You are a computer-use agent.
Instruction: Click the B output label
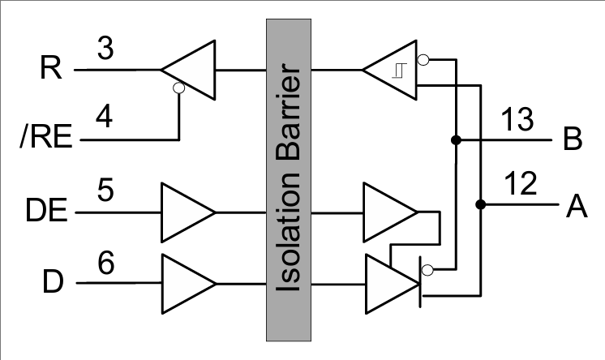click(x=573, y=139)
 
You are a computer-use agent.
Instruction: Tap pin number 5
click(x=105, y=192)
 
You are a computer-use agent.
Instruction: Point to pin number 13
click(x=515, y=121)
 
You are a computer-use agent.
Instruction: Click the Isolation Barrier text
click(x=291, y=179)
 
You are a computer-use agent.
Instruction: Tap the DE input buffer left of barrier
click(x=186, y=212)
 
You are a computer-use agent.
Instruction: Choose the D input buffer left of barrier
click(x=186, y=283)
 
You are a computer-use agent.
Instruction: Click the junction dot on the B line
click(x=456, y=140)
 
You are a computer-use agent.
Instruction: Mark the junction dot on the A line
click(x=480, y=204)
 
